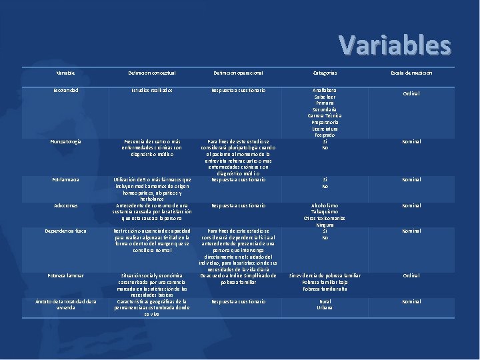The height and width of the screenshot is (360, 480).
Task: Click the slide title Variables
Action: (395, 45)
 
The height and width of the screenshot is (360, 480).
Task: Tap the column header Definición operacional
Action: (238, 73)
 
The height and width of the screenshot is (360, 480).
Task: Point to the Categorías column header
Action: (325, 73)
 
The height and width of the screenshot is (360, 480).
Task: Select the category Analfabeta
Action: (325, 89)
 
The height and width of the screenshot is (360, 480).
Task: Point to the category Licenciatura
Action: (325, 128)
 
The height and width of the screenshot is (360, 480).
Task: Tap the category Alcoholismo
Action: (325, 206)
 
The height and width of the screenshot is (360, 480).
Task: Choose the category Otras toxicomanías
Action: (325, 219)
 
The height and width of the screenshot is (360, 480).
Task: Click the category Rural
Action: (325, 301)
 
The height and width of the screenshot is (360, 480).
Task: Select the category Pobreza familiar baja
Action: (325, 282)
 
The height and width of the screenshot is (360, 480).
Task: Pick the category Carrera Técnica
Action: (325, 115)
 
